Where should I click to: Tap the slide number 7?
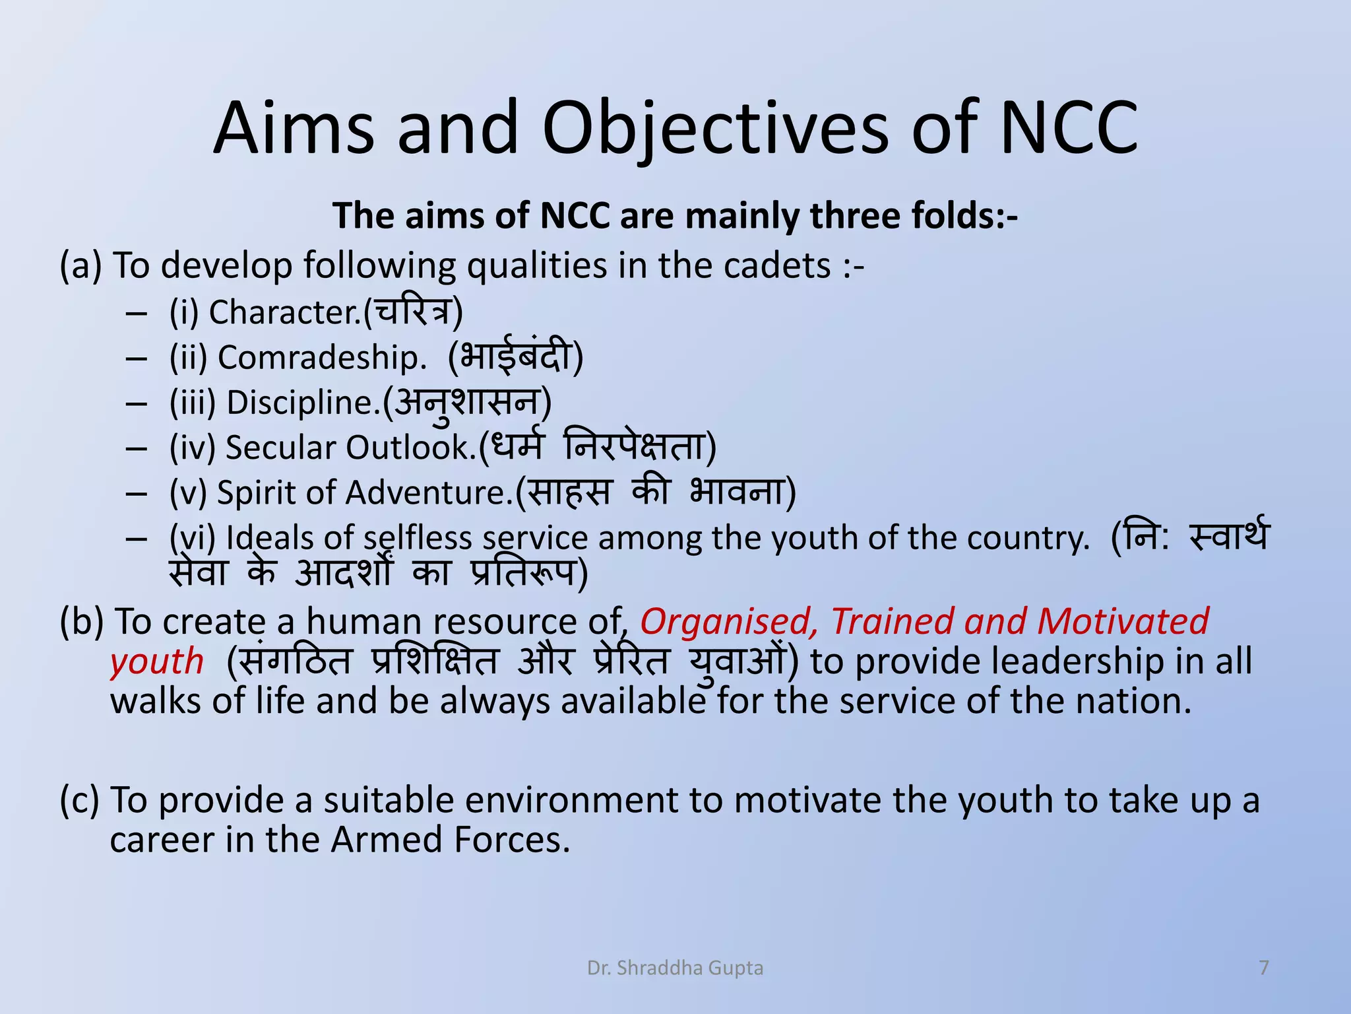1264,968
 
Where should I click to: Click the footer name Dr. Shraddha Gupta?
675,968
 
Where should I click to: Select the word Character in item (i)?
284,312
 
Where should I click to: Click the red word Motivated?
1122,623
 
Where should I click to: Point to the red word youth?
157,661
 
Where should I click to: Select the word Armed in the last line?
386,840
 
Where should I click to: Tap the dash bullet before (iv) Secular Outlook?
136,449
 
